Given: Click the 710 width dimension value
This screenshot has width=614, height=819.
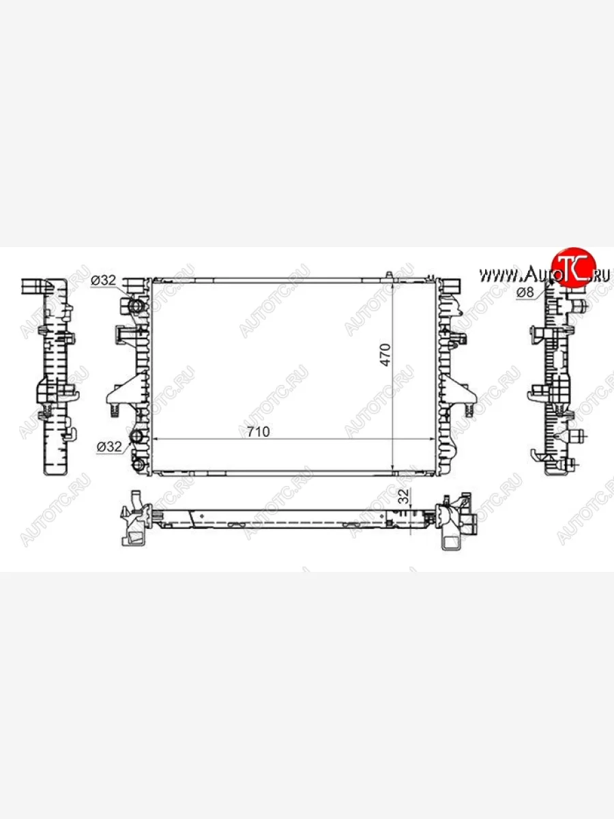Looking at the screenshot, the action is [x=259, y=432].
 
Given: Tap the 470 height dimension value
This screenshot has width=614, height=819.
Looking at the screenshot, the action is [x=385, y=355].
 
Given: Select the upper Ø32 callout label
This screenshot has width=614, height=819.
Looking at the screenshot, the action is [x=103, y=281].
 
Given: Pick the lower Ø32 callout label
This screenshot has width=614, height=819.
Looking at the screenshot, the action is [x=109, y=446].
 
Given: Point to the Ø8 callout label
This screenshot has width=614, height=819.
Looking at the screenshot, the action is [x=525, y=292].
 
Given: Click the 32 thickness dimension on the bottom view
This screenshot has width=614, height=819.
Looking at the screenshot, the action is [x=404, y=496].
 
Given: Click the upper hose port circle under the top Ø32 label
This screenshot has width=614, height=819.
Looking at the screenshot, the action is [x=135, y=306].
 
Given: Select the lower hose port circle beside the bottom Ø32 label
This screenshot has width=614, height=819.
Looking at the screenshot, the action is [x=135, y=436].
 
